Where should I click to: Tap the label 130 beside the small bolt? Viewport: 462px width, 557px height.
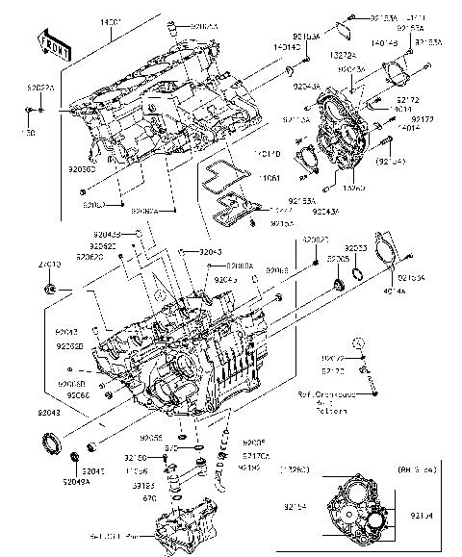click(x=28, y=133)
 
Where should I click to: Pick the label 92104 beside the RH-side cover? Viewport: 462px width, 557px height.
click(x=436, y=515)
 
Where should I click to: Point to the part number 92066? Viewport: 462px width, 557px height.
click(x=77, y=394)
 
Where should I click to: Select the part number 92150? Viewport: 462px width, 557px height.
click(x=136, y=458)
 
